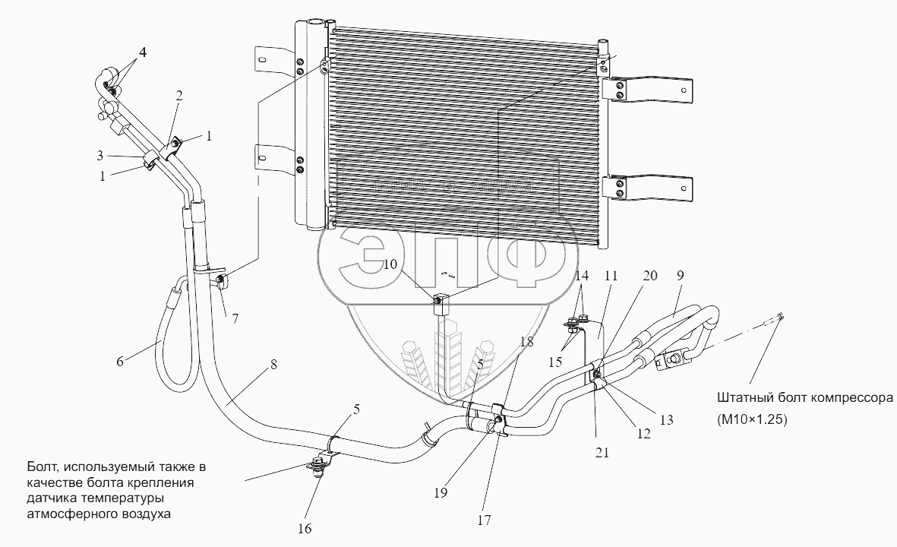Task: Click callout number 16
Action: click(x=304, y=528)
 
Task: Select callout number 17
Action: click(x=485, y=520)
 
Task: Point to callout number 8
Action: click(x=273, y=364)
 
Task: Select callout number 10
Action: click(x=389, y=264)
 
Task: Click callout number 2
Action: click(x=178, y=96)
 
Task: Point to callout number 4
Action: click(x=142, y=53)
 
